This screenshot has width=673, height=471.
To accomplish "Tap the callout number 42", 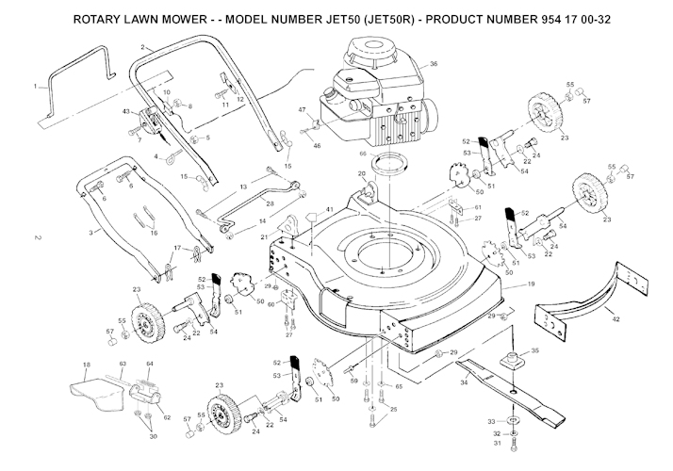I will [616, 320].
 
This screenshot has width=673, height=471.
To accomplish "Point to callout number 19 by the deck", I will [531, 284].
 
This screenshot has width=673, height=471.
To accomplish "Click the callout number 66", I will [362, 152].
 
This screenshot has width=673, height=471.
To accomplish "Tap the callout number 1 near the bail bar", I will [35, 87].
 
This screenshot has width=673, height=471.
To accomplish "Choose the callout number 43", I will [125, 112].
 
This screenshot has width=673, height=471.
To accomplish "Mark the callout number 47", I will [303, 110].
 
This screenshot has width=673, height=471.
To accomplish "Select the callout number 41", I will [329, 209].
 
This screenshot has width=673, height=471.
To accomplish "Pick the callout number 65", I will [399, 387].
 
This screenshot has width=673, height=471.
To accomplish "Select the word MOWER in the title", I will [170, 19].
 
